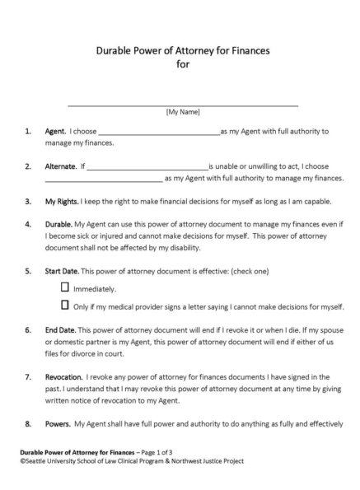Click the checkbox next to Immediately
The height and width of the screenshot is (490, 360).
[x=66, y=288]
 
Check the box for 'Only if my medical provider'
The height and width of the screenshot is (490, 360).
[x=66, y=306]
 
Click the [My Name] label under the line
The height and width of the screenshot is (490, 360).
[x=182, y=111]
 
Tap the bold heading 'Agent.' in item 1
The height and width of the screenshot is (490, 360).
[x=56, y=130]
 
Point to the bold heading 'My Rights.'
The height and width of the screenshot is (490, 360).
[x=63, y=200]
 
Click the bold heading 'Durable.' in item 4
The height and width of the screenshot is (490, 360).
[x=58, y=223]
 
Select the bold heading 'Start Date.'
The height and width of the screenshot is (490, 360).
[x=64, y=270]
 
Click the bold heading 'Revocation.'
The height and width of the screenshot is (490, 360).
[x=65, y=376]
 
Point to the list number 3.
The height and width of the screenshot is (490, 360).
[x=28, y=200]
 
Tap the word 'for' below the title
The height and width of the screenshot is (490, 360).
[x=182, y=66]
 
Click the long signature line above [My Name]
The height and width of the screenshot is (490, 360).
[x=182, y=105]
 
